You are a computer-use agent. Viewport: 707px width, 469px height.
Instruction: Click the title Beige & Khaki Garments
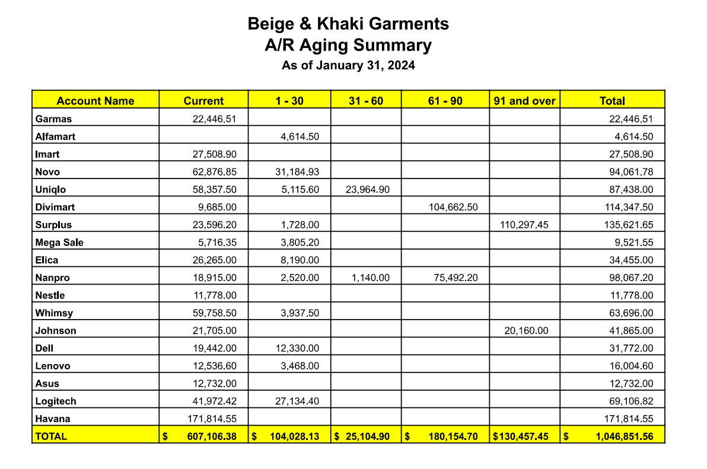click(348, 24)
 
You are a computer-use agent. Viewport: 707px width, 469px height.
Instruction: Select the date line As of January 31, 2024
click(348, 65)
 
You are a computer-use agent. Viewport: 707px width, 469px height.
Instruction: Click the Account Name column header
click(95, 101)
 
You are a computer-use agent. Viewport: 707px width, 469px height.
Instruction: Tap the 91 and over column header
click(524, 101)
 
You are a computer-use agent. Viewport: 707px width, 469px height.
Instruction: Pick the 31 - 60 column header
click(365, 101)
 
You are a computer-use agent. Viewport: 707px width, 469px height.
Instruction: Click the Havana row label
click(53, 419)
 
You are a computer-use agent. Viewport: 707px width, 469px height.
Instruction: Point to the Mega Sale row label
click(59, 243)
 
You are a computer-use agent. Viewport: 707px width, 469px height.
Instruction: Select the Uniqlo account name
click(51, 190)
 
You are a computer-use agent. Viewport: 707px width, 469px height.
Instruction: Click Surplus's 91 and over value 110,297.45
click(524, 225)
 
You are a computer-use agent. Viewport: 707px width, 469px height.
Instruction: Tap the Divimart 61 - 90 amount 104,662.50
click(453, 208)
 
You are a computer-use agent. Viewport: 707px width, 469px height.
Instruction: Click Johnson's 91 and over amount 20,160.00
click(527, 331)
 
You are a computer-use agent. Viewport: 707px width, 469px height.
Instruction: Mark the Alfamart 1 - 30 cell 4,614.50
click(300, 137)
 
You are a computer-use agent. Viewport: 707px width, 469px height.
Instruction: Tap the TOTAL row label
click(52, 437)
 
